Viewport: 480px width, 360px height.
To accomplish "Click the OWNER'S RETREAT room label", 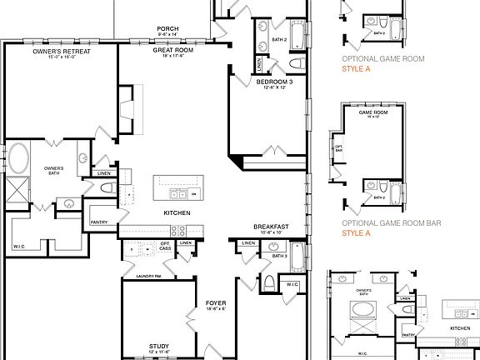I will click(x=61, y=51).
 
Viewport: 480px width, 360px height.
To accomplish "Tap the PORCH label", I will click(x=167, y=28).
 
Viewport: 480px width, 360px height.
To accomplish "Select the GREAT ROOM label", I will click(x=172, y=50).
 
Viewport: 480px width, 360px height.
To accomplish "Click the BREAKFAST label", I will click(x=271, y=227).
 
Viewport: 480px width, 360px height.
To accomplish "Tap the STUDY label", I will click(x=158, y=346).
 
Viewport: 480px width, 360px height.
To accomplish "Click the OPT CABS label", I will click(x=165, y=247).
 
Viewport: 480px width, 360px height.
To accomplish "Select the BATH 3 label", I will click(x=278, y=256).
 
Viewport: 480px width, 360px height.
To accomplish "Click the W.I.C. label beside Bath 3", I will click(x=292, y=285).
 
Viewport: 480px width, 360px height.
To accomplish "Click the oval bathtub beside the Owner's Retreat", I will click(x=18, y=158).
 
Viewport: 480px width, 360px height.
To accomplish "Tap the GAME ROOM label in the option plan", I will click(x=373, y=112).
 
